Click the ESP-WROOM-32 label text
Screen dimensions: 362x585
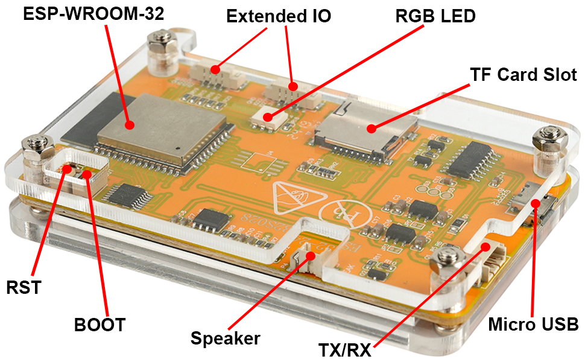[x=93, y=14]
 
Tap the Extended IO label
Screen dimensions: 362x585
[x=279, y=16]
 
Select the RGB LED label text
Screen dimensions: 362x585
[x=435, y=16]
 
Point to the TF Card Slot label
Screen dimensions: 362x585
[x=523, y=74]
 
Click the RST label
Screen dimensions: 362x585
[x=23, y=287]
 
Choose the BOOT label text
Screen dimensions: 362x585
[x=100, y=325]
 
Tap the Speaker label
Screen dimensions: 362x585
[x=225, y=338]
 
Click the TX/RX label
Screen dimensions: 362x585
[x=345, y=348]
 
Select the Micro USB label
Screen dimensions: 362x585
[x=533, y=324]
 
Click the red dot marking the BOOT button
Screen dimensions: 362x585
[x=87, y=175]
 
